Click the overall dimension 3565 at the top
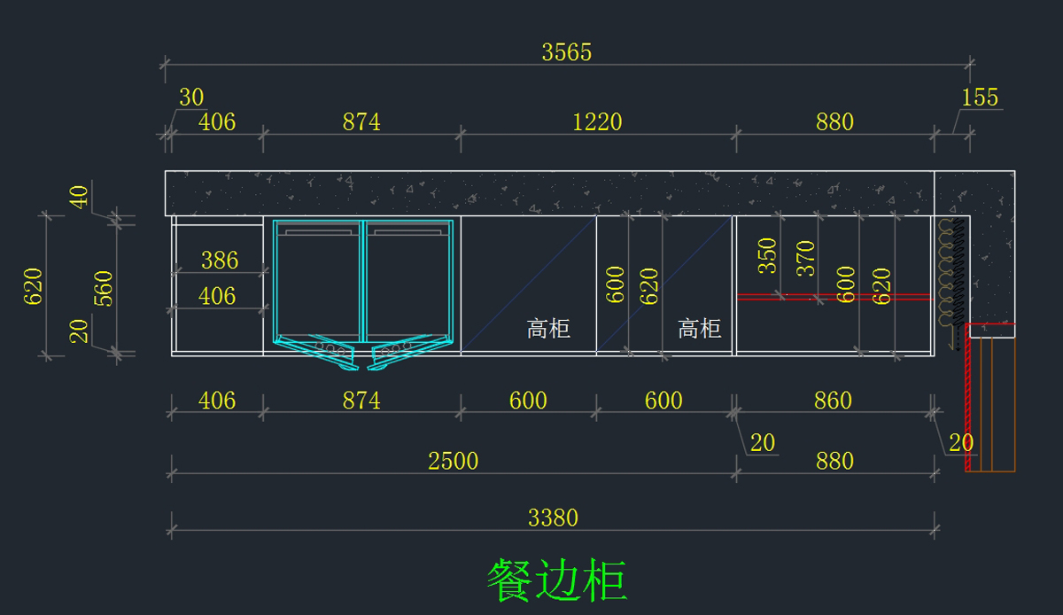click(567, 52)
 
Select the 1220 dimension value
click(597, 121)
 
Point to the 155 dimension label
click(980, 97)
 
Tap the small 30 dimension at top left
click(191, 97)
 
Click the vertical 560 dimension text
click(104, 288)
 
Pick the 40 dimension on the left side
click(80, 197)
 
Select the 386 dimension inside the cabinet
click(219, 260)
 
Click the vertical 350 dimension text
click(767, 255)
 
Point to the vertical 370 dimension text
click(805, 259)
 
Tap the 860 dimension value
click(833, 401)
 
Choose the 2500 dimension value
click(453, 461)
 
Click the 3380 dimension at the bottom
click(553, 518)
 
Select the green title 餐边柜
click(556, 580)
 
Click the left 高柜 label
click(548, 330)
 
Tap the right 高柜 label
click(700, 330)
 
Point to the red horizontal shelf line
click(833, 297)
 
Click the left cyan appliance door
click(319, 279)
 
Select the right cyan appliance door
click(409, 279)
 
